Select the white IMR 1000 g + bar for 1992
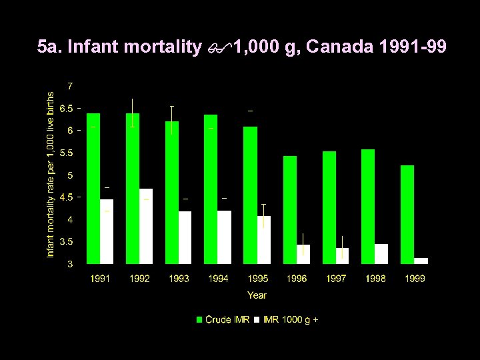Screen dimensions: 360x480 pos(146,226)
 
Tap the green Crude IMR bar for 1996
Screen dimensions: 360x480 pos(289,209)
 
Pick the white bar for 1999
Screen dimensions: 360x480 pos(421,261)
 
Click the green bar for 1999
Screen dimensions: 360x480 pos(407,214)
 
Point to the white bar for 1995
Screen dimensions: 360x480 pos(264,239)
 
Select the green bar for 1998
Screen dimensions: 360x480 pos(368,206)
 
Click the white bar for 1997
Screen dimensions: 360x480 pos(342,255)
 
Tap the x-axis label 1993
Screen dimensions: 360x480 pos(179,279)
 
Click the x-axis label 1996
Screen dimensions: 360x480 pos(297,279)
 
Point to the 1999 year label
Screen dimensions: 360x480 pos(415,279)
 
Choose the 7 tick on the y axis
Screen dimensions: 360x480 pos(70,86)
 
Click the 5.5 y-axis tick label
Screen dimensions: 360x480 pos(67,153)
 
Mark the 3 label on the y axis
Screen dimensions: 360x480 pos(70,264)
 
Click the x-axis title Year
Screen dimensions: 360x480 pos(257,295)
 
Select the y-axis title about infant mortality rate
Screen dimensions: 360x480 pos(51,175)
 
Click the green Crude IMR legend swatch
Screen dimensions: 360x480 pos(199,320)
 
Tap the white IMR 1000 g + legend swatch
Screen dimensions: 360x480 pos(257,320)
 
